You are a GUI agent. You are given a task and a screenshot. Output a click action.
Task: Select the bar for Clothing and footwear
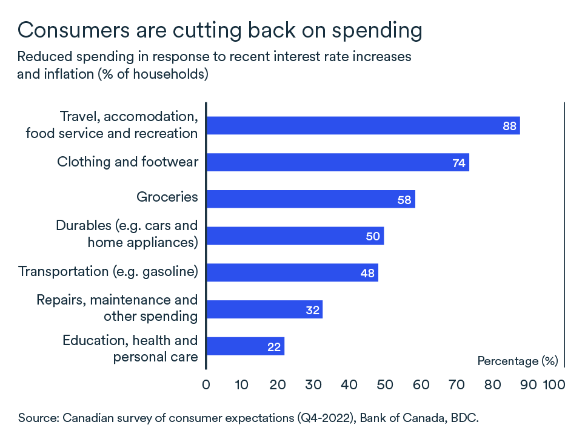tap(337, 162)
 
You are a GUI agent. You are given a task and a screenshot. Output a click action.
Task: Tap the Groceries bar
tap(310, 199)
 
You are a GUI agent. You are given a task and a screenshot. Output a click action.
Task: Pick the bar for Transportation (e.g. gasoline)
tap(292, 272)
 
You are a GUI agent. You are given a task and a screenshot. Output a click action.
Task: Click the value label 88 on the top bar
tap(509, 126)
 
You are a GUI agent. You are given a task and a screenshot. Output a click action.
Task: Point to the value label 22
tap(273, 347)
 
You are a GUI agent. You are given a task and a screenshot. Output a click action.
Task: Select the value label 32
tap(312, 310)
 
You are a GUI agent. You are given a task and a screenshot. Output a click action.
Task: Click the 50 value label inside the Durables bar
tap(373, 236)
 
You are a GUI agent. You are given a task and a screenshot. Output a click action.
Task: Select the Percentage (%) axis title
tap(517, 361)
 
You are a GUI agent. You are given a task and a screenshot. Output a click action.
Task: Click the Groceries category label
tap(167, 197)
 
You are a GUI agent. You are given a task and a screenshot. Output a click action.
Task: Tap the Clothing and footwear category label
tap(127, 162)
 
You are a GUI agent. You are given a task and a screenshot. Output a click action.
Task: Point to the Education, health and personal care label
tap(130, 348)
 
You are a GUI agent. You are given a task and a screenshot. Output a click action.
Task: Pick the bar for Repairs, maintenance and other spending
tap(264, 309)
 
